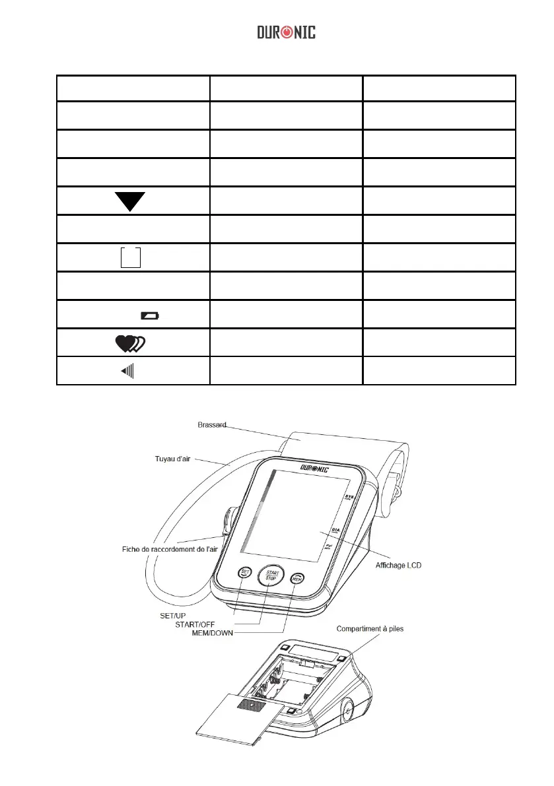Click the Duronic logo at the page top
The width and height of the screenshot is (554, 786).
(286, 32)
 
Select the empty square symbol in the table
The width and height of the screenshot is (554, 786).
(130, 257)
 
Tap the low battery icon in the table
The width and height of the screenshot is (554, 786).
(149, 317)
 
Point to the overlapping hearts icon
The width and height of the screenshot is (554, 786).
(130, 343)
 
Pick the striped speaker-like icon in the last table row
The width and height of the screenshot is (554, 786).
(127, 371)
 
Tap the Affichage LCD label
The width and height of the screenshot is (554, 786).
(398, 566)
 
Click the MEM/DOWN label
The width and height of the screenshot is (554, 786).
(211, 633)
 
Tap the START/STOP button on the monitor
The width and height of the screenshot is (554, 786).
(270, 575)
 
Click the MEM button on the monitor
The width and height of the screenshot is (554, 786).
(297, 578)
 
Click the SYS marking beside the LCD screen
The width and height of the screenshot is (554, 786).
(351, 496)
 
